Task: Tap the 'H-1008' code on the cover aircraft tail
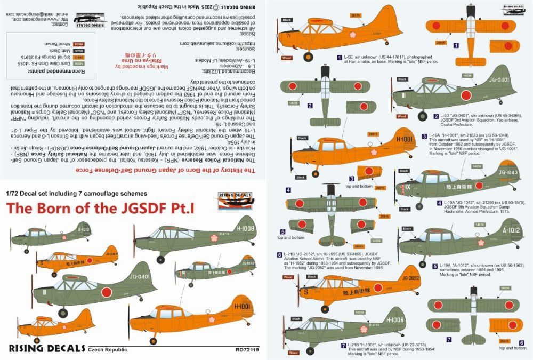[x=234, y=229]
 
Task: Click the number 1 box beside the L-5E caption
[x=339, y=56]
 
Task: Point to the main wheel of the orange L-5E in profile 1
[x=308, y=58]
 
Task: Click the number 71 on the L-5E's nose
[x=288, y=36]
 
